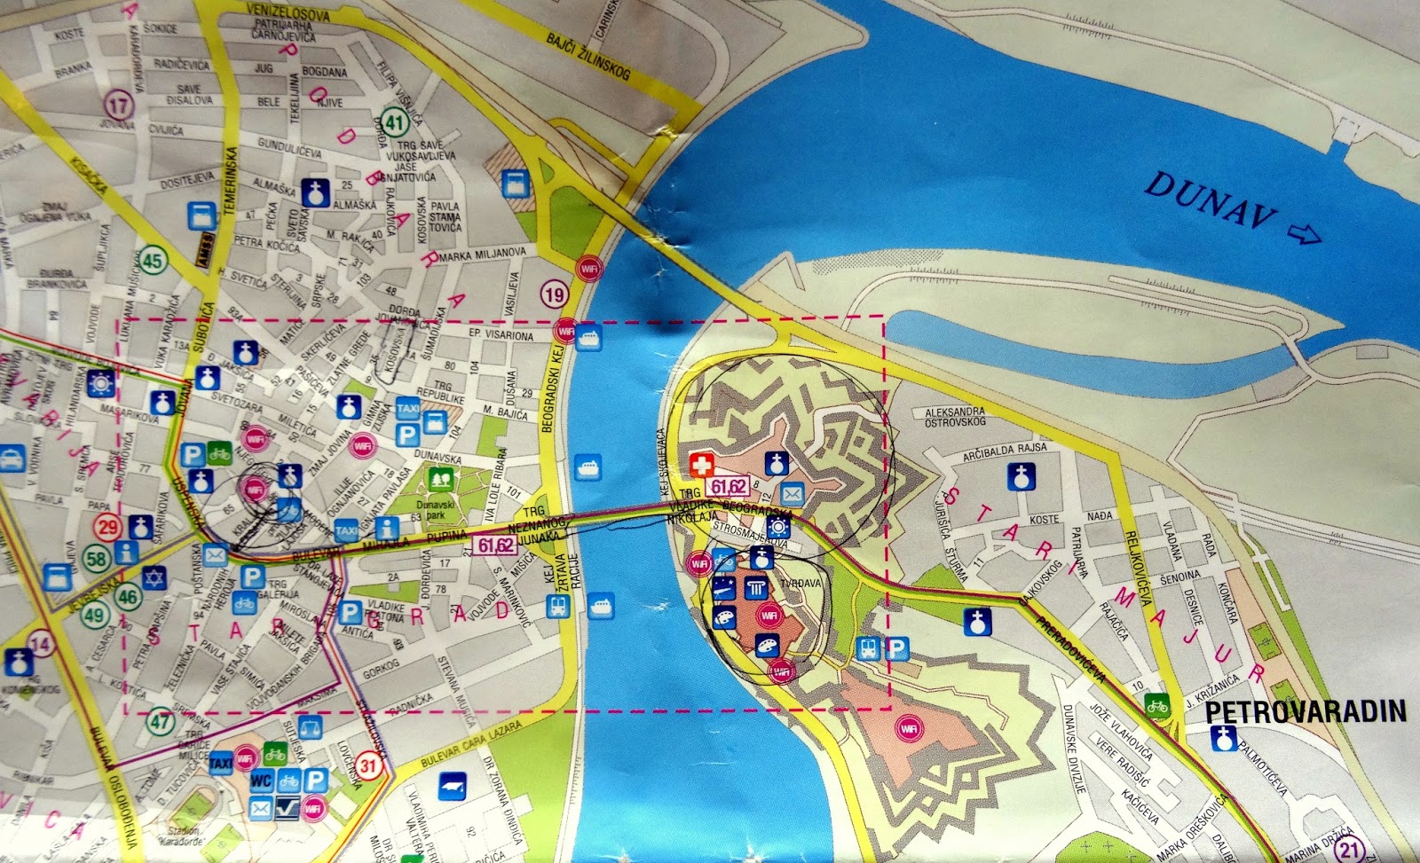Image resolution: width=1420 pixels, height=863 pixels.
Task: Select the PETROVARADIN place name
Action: (x=1306, y=711)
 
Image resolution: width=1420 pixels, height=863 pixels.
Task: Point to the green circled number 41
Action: (x=395, y=122)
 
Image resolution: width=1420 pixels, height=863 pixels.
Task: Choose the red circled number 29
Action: (x=108, y=527)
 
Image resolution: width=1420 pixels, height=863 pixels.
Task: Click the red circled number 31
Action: (x=368, y=765)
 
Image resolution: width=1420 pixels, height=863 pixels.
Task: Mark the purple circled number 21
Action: (x=1350, y=850)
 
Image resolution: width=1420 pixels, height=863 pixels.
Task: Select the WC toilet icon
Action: (x=261, y=781)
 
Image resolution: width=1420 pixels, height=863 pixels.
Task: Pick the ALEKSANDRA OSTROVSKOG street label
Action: (x=955, y=417)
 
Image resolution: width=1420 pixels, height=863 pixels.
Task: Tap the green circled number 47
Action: (x=161, y=720)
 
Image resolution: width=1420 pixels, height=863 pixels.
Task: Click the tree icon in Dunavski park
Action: (x=440, y=480)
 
